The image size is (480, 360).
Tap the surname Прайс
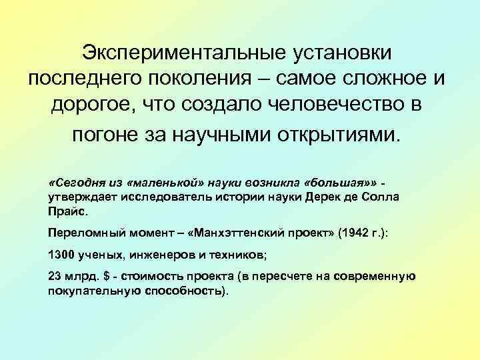pyautogui.click(x=67, y=213)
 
